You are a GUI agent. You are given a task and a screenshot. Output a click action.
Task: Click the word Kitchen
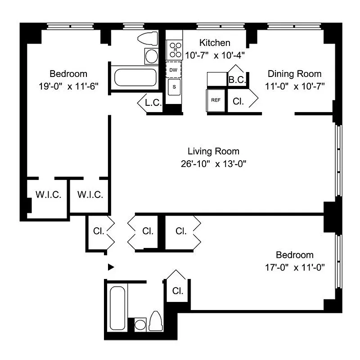[x=215, y=43]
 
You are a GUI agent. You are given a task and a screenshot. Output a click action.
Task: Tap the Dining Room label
[x=294, y=74]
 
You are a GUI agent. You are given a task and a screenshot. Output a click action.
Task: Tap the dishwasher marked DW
[x=173, y=70]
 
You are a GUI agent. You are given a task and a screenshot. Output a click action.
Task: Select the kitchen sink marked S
[x=173, y=87]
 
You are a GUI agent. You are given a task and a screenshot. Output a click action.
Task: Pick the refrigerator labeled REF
[x=216, y=100]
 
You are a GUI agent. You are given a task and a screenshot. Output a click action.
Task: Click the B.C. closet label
[x=236, y=80]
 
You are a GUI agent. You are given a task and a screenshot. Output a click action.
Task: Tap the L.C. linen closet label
[x=153, y=103]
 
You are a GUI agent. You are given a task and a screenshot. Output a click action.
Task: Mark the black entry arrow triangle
[x=111, y=267]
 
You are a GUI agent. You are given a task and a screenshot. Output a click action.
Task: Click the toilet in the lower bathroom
[x=156, y=321]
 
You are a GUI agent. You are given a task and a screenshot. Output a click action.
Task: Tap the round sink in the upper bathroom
[x=151, y=56]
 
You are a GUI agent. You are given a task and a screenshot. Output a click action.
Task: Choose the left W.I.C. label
[x=48, y=195]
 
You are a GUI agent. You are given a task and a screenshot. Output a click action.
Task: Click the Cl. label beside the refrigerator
[x=238, y=101]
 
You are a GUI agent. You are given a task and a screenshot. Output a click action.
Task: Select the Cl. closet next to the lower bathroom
[x=178, y=291]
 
